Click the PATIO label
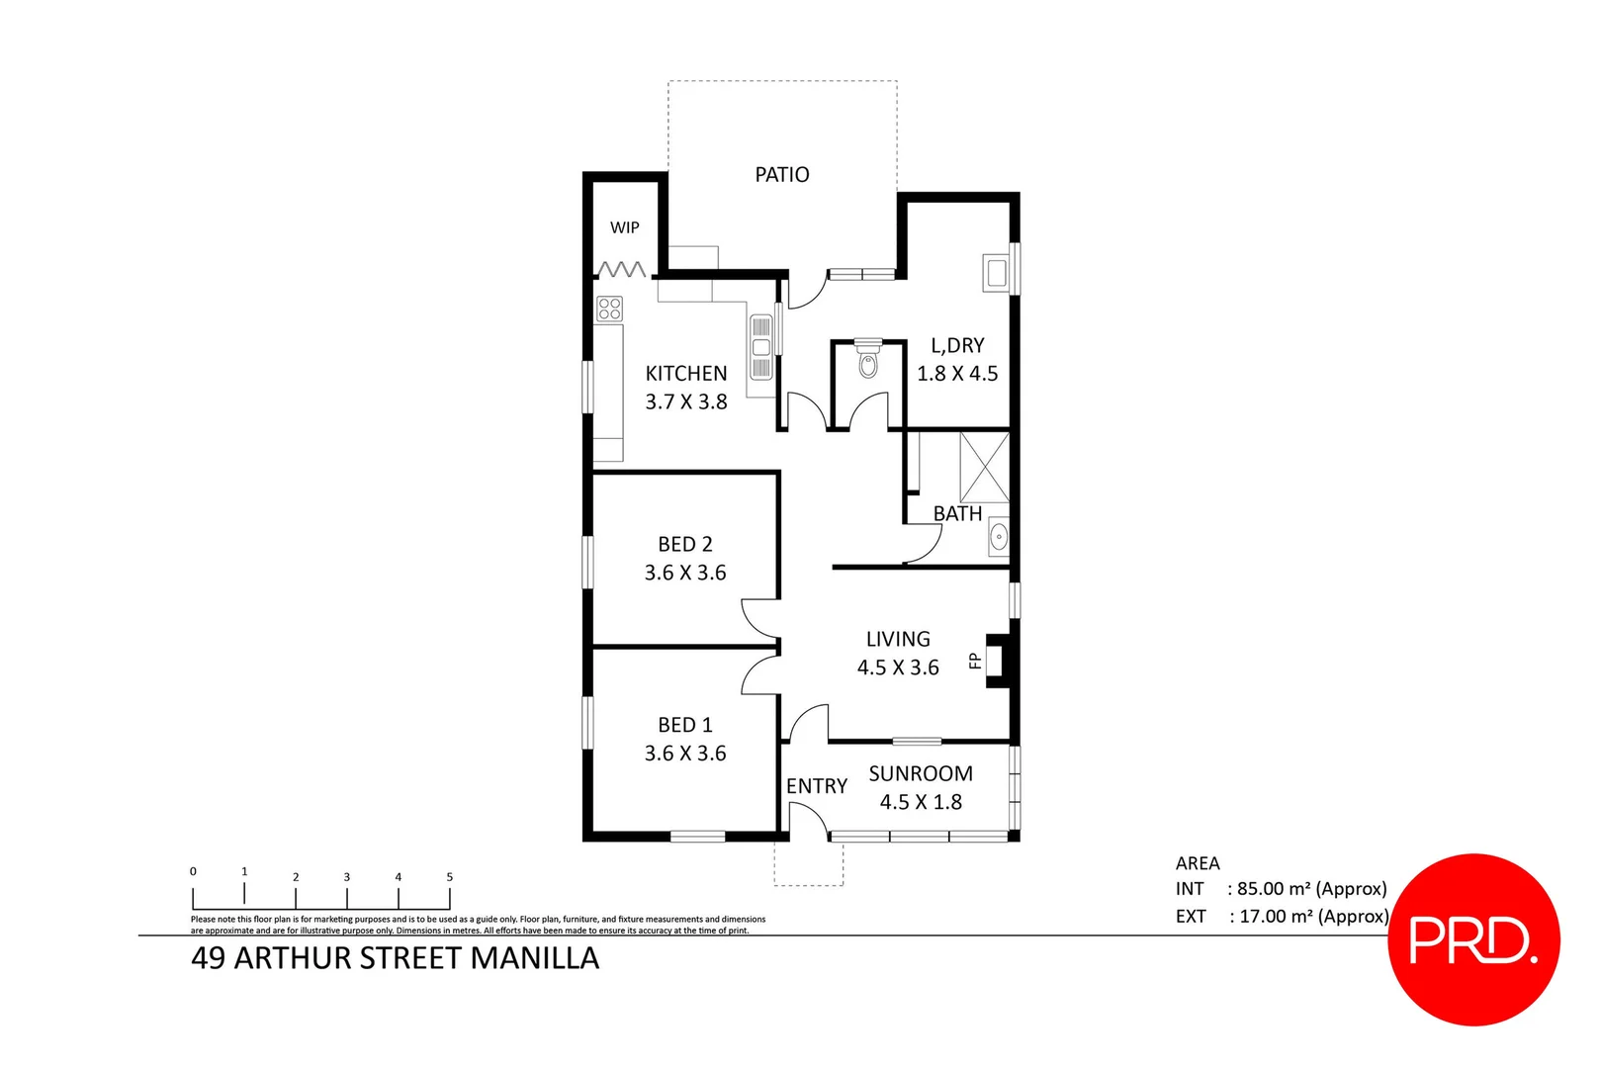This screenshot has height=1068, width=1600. [781, 175]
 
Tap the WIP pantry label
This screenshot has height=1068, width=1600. [624, 227]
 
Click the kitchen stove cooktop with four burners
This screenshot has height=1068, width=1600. [609, 309]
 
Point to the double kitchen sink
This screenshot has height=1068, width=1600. [760, 347]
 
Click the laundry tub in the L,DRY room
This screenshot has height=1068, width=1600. [995, 272]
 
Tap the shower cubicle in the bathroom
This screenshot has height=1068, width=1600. [984, 466]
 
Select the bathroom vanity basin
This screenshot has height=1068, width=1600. [999, 539]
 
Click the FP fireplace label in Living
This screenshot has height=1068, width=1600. [975, 661]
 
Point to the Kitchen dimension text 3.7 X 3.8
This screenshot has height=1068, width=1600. [685, 402]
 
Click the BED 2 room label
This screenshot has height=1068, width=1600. [684, 545]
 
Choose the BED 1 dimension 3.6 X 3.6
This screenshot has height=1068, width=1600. [684, 754]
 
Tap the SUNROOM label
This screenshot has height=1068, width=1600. [920, 774]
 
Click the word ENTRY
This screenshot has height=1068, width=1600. [816, 786]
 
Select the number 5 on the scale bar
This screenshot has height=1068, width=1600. [449, 877]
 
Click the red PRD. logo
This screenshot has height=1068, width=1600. [1473, 939]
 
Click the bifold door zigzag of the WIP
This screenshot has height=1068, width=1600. [622, 269]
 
